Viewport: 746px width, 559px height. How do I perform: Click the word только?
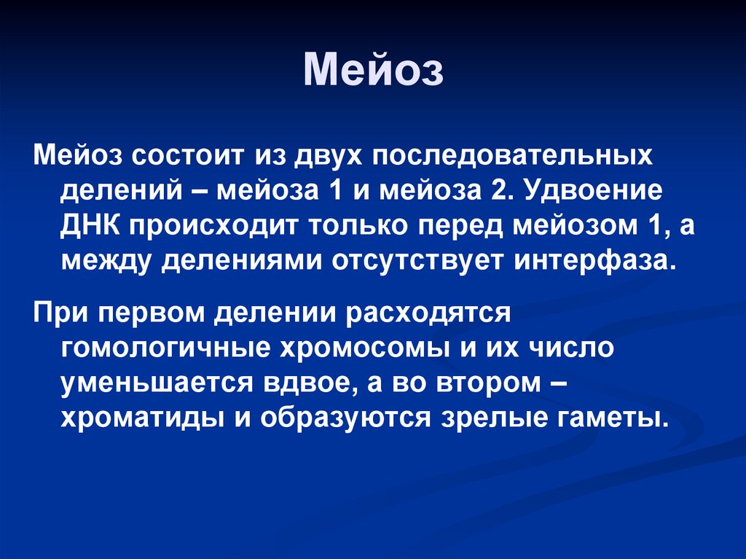pyautogui.click(x=357, y=227)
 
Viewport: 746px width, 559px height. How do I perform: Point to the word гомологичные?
pyautogui.click(x=162, y=350)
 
